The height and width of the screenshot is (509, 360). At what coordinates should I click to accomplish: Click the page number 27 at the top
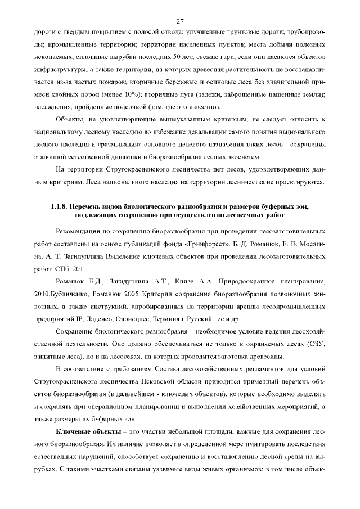[x=180, y=21]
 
